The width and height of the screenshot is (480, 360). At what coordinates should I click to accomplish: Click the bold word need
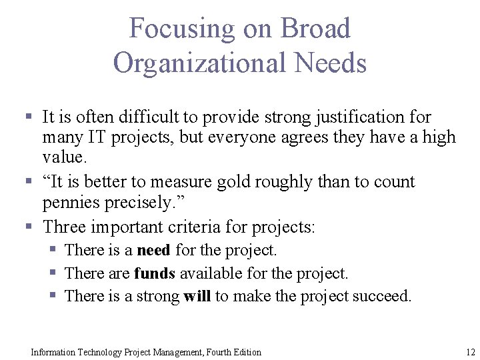tap(153, 251)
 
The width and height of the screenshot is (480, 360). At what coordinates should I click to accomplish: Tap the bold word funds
tap(154, 273)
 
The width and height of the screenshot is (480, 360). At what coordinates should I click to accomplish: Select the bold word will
tap(197, 296)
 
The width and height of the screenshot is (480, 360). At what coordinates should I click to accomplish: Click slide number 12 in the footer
tap(470, 351)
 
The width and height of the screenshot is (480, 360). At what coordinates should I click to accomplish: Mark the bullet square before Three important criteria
tap(29, 227)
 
